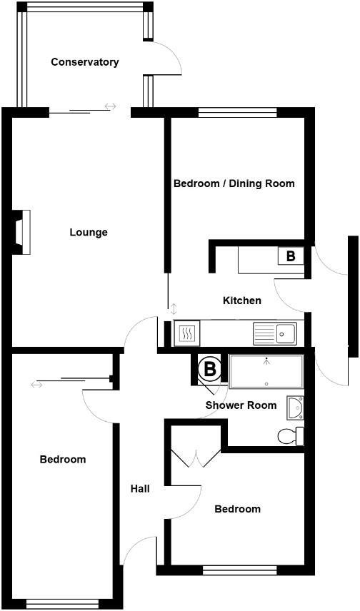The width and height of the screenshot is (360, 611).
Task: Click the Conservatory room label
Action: tap(84, 62)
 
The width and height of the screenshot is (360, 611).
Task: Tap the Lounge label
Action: tap(89, 232)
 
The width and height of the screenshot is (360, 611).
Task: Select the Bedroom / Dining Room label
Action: tap(234, 183)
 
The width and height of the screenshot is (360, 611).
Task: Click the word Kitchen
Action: tap(242, 301)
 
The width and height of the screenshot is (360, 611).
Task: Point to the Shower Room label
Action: tap(241, 405)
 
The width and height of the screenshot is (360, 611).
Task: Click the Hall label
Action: tap(140, 489)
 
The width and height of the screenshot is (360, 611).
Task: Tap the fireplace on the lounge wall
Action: tap(22, 232)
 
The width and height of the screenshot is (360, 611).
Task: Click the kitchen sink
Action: tap(275, 333)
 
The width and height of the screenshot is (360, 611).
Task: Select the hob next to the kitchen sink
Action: tap(186, 333)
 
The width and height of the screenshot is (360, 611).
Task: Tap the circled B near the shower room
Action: tap(210, 369)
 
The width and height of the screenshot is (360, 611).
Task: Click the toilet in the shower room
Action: tap(290, 435)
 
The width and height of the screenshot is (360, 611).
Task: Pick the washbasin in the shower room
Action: tap(295, 407)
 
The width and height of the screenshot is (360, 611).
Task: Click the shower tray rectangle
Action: tap(266, 372)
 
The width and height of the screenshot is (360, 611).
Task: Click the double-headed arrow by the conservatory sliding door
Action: tap(110, 106)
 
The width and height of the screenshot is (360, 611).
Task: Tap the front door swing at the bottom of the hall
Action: tap(140, 550)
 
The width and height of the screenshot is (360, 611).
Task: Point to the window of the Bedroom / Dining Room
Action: tap(237, 111)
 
